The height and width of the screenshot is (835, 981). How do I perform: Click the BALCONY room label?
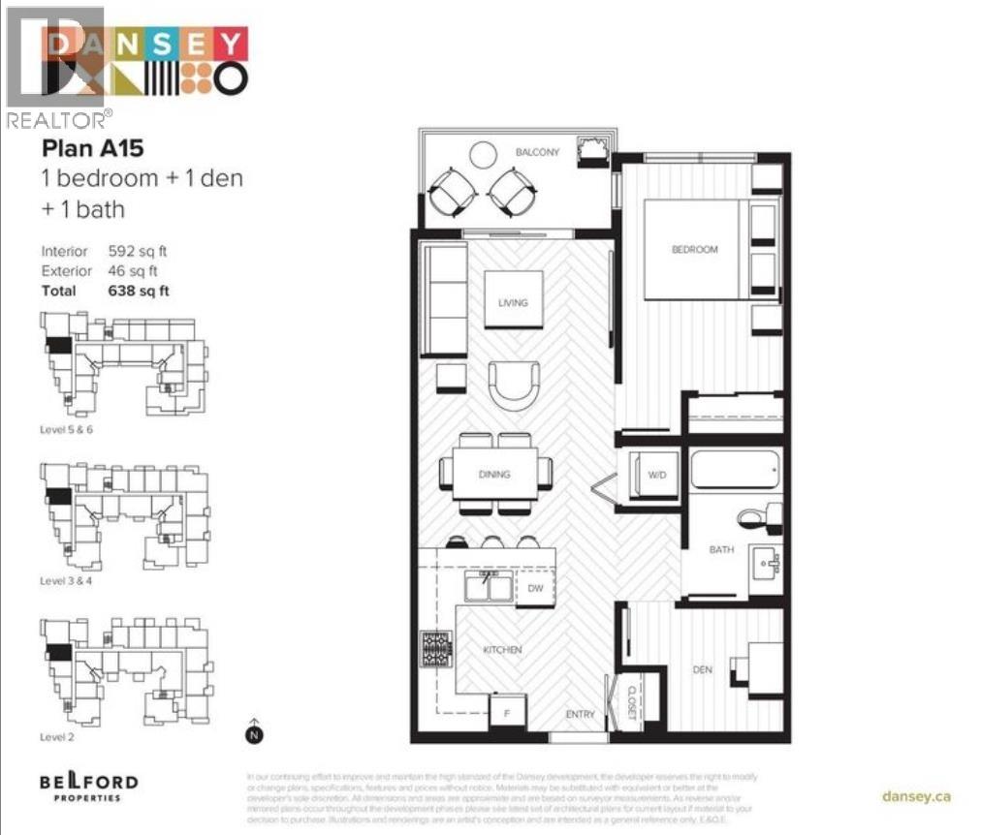coord(536,152)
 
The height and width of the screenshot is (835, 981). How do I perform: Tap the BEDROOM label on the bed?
coord(695,250)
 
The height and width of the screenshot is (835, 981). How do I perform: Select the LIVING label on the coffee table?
coord(513,303)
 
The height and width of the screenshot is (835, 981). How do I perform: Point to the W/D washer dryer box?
coord(656,475)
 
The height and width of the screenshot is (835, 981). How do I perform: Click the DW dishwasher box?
coord(535,588)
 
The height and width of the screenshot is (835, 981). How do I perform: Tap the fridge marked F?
coord(506,713)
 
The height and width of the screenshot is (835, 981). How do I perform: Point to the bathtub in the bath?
coord(735,472)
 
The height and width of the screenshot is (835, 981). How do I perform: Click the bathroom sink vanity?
coord(765,563)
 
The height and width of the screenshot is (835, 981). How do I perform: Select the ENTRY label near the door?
coord(580,715)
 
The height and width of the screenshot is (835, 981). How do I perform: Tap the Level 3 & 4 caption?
coord(70,581)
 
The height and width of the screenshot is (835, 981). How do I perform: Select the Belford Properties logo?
coord(89,785)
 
